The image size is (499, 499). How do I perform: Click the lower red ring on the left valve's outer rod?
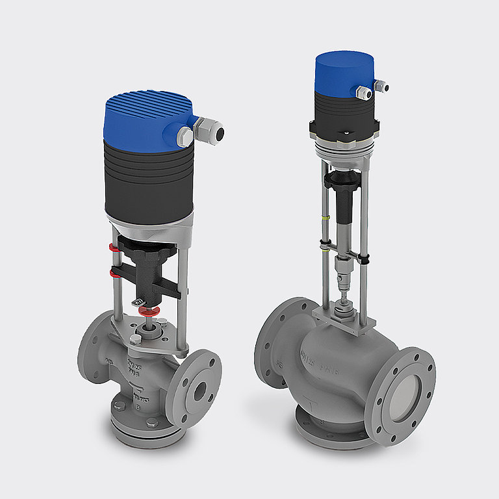pos(115,269)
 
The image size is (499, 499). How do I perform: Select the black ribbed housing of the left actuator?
pos(148,182)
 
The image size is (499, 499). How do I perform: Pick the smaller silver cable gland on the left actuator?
pos(185,136)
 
